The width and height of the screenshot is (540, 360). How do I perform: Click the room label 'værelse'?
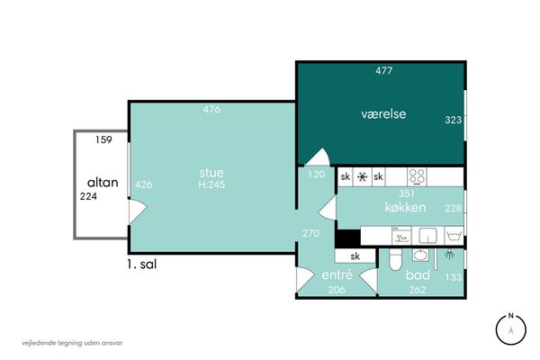[x=383, y=114]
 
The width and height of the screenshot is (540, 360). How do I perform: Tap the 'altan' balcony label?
[x=103, y=182]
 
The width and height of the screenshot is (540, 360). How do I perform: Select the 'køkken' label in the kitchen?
[x=405, y=207]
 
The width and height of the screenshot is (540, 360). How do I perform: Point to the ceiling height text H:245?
[x=211, y=184]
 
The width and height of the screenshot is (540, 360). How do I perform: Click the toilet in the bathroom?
[x=396, y=260]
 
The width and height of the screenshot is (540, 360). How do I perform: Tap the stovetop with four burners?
[x=417, y=176]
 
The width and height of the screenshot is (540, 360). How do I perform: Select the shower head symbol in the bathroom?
[x=449, y=255]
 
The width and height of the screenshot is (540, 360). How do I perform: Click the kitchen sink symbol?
[x=427, y=236]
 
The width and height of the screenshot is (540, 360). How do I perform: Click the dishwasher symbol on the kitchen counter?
[x=401, y=236]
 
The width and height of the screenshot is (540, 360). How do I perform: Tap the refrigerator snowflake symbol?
[x=363, y=177]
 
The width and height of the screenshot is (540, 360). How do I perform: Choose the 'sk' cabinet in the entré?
[x=355, y=256]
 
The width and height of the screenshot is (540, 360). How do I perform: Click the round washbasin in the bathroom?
[x=420, y=256]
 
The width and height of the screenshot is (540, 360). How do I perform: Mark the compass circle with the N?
[x=510, y=329]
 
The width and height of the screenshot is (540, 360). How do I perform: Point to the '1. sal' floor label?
[x=141, y=265]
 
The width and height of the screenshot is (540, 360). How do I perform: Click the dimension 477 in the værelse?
[x=383, y=71]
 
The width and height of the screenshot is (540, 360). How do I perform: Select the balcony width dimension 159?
[x=103, y=139]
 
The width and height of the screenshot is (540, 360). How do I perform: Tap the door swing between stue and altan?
[x=138, y=211]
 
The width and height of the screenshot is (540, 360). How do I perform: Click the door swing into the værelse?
[x=318, y=157]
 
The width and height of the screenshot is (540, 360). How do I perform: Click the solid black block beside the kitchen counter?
[x=347, y=238]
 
